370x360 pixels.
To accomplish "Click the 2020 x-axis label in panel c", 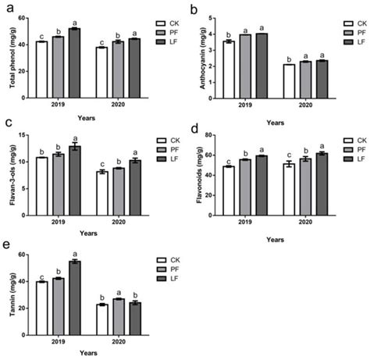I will coord(117,203).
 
